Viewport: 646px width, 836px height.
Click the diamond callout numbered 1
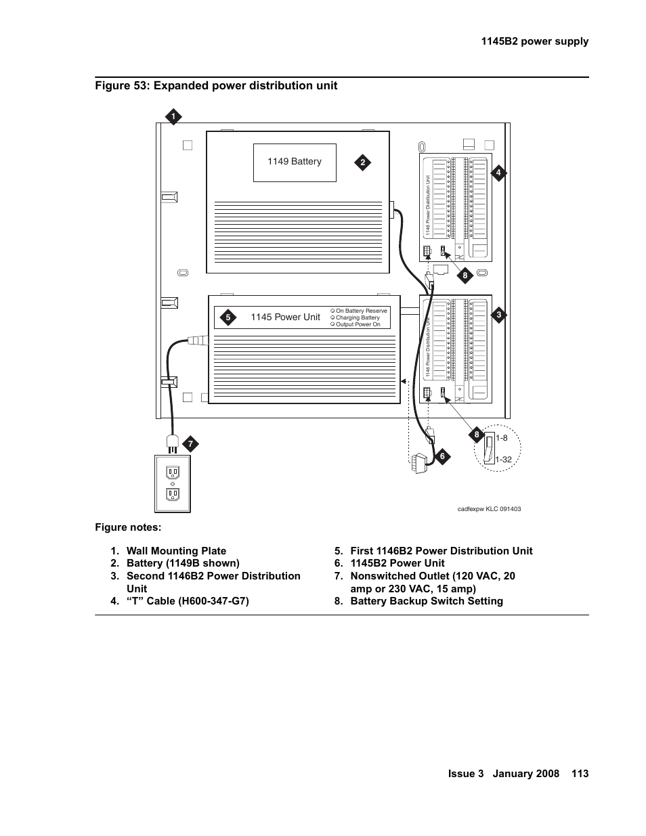(x=173, y=116)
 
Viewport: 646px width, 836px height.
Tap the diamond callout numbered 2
(x=362, y=162)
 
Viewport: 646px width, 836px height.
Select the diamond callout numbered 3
(x=498, y=315)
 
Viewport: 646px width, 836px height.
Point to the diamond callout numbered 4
(x=498, y=173)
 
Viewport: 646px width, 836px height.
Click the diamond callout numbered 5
(x=228, y=317)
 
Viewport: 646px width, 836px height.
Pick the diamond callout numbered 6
(x=442, y=456)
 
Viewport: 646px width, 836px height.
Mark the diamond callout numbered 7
(x=190, y=444)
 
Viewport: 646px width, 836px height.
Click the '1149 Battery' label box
(x=295, y=162)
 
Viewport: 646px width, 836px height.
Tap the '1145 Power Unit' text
(x=285, y=317)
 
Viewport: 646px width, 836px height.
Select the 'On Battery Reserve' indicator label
(x=361, y=311)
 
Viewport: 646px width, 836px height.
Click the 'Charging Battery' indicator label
(x=358, y=317)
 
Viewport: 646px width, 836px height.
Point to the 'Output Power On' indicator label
(x=358, y=324)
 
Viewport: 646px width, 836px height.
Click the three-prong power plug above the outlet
(x=172, y=443)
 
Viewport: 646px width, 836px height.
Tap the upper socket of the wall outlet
(x=173, y=472)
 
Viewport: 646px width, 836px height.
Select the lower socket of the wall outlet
(x=173, y=495)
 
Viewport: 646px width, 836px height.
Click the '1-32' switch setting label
(x=503, y=460)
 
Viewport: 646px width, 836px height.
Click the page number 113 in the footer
(x=580, y=774)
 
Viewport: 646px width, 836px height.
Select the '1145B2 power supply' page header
(x=535, y=41)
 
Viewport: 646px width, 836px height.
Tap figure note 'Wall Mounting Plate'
(x=176, y=551)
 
